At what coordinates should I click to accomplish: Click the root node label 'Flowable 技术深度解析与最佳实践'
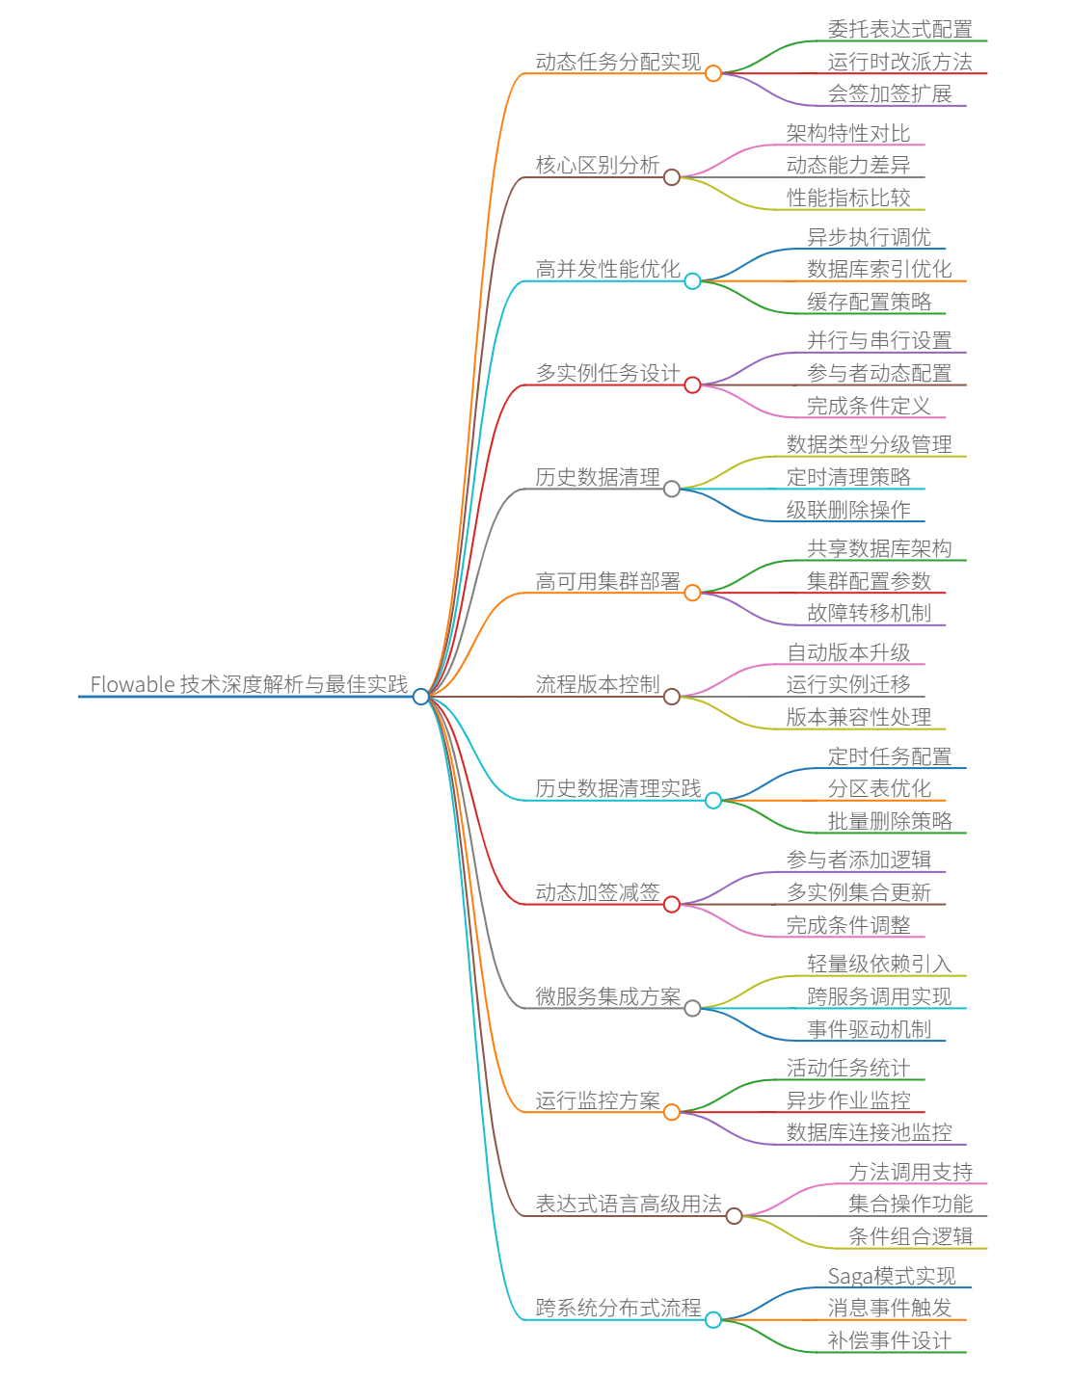point(249,684)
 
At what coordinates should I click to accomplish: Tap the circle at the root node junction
point(420,696)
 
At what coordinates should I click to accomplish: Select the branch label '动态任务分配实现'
point(618,62)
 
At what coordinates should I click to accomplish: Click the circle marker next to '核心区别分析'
point(672,177)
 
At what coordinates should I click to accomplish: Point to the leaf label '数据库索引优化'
point(879,269)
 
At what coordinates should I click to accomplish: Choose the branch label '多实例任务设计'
point(607,373)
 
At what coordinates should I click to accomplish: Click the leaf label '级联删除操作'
point(848,510)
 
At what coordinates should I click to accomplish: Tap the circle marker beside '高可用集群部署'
point(692,593)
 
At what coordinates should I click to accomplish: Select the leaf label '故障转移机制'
point(869,613)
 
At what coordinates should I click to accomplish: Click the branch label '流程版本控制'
point(598,684)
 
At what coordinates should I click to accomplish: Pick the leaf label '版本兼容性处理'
point(858,717)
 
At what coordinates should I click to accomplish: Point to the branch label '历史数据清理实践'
point(618,788)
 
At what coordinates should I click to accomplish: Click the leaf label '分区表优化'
point(879,788)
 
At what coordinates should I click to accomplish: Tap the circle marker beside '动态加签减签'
point(672,904)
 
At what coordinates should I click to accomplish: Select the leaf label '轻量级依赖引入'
point(879,964)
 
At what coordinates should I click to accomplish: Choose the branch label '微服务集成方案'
point(607,996)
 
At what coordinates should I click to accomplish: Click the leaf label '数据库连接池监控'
point(869,1132)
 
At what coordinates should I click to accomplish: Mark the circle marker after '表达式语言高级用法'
point(734,1216)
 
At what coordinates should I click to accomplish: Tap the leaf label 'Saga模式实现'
point(892,1276)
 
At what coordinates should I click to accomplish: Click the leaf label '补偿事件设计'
point(889,1340)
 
